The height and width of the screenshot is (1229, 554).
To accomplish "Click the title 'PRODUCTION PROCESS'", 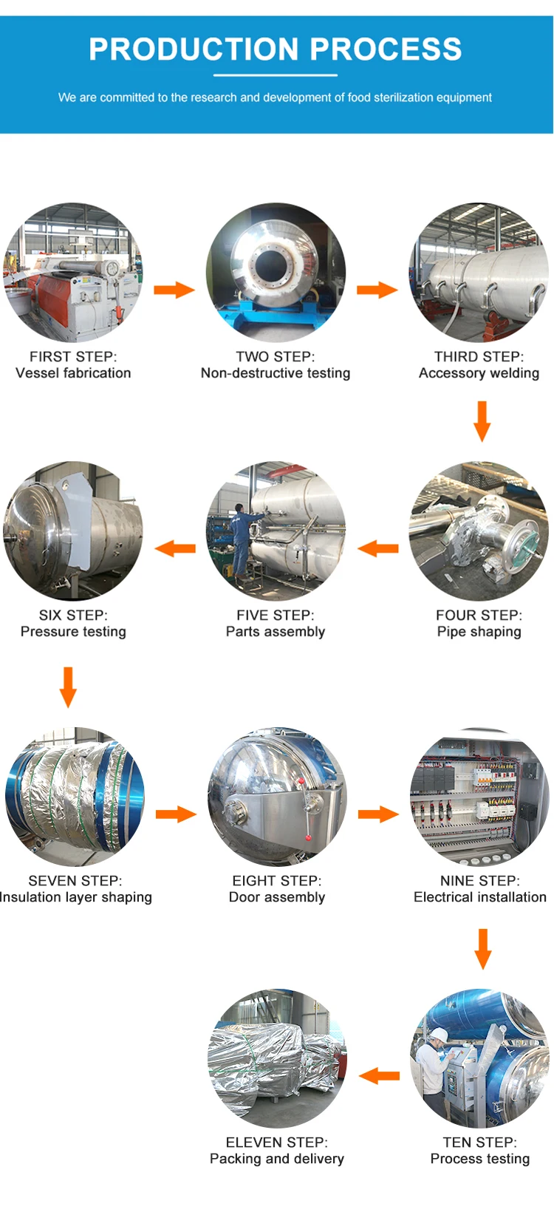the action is coord(276,50).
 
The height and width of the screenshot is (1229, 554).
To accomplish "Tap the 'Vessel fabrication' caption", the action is coord(73,373).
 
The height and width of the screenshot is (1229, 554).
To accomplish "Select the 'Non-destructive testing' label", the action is coord(276,373).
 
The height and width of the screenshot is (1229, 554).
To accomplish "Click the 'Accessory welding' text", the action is coord(479,373).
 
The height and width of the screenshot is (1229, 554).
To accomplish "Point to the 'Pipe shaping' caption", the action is coord(479,632).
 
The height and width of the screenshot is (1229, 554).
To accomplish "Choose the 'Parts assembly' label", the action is coord(276,632).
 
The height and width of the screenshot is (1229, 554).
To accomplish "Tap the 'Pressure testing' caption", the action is coord(73,632).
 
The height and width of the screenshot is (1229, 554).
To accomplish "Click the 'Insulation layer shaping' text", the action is coord(76,897).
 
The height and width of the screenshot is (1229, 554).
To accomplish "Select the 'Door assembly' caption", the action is coord(277,897).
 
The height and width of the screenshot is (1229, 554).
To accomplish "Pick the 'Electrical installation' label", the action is coord(480,897).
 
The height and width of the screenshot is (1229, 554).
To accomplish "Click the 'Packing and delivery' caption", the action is coord(277,1159).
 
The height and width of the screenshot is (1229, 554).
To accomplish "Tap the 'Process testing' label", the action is coord(480,1159).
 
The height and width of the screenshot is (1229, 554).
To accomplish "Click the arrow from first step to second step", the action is coord(174,289).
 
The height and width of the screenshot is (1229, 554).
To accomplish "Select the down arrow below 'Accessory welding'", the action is coord(482,421).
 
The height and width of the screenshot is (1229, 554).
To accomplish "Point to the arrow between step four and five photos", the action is coord(378,548).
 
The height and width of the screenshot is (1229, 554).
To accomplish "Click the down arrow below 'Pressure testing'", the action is coord(68,687).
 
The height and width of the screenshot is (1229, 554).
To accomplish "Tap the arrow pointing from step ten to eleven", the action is coord(379,1076).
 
